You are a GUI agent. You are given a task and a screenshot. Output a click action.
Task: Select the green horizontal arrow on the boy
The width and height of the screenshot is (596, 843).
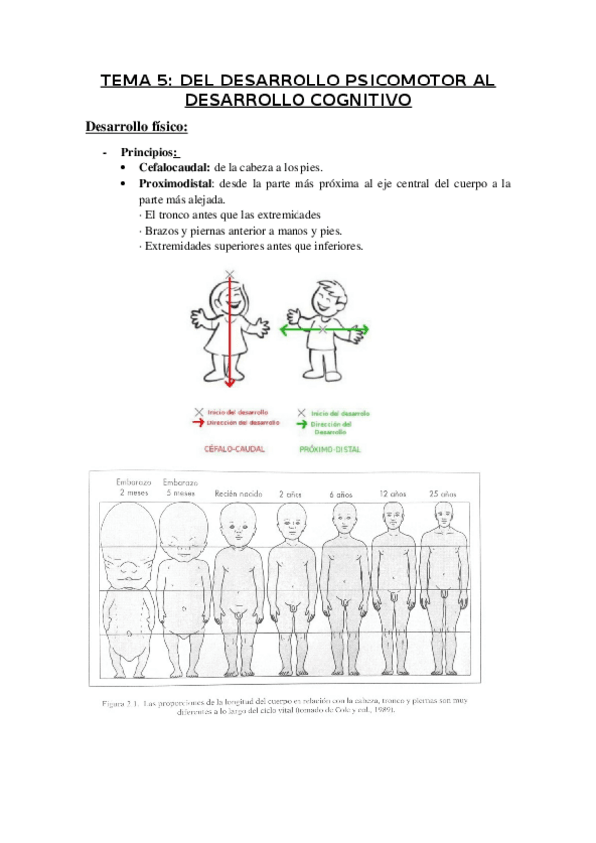click(323, 328)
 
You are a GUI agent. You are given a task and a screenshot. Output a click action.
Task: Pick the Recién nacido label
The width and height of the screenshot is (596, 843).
click(237, 493)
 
